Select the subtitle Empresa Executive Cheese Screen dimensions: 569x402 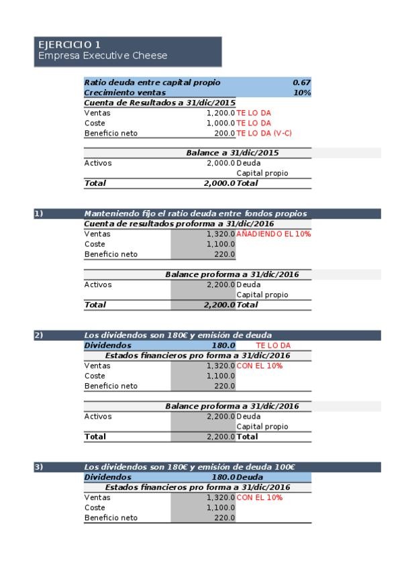[102, 56]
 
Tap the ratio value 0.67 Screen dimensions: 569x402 [301, 83]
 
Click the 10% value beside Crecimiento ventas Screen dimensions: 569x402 [302, 93]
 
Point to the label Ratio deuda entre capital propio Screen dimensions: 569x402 [152, 83]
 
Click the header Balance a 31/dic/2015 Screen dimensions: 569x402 [232, 153]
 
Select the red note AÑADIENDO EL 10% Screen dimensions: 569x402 [273, 234]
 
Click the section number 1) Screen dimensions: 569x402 [39, 213]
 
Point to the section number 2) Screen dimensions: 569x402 [39, 335]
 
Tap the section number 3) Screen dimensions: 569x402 [39, 466]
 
